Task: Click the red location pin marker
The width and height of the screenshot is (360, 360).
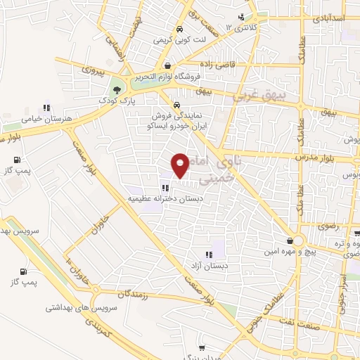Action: (181, 165)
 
